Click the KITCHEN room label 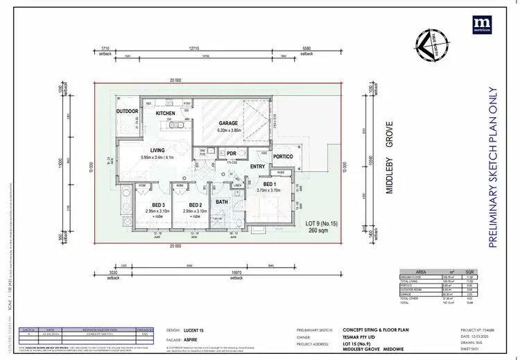point(166,112)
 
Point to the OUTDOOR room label point(127,111)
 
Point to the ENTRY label point(257,166)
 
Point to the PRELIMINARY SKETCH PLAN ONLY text point(494,166)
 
